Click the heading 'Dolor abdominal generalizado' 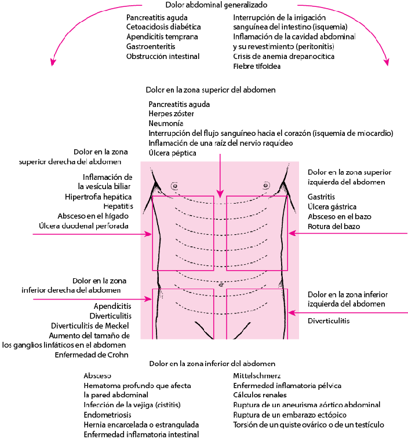216,5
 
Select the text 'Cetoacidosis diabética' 163,27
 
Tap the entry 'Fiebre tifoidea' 257,67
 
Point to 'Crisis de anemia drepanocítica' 284,57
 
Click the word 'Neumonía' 166,123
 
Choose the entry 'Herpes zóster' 171,114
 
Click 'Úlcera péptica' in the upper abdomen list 172,153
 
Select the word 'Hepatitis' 118,206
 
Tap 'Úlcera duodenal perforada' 83,226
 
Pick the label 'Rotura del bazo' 334,226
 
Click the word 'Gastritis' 321,197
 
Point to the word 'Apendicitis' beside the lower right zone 112,306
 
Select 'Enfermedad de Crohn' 92,355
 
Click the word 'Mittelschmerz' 257,376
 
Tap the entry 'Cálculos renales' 260,395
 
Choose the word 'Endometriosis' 107,415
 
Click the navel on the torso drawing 221,285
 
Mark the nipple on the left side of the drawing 174,186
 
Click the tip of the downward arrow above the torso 220,198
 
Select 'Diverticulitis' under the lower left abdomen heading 329,321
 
